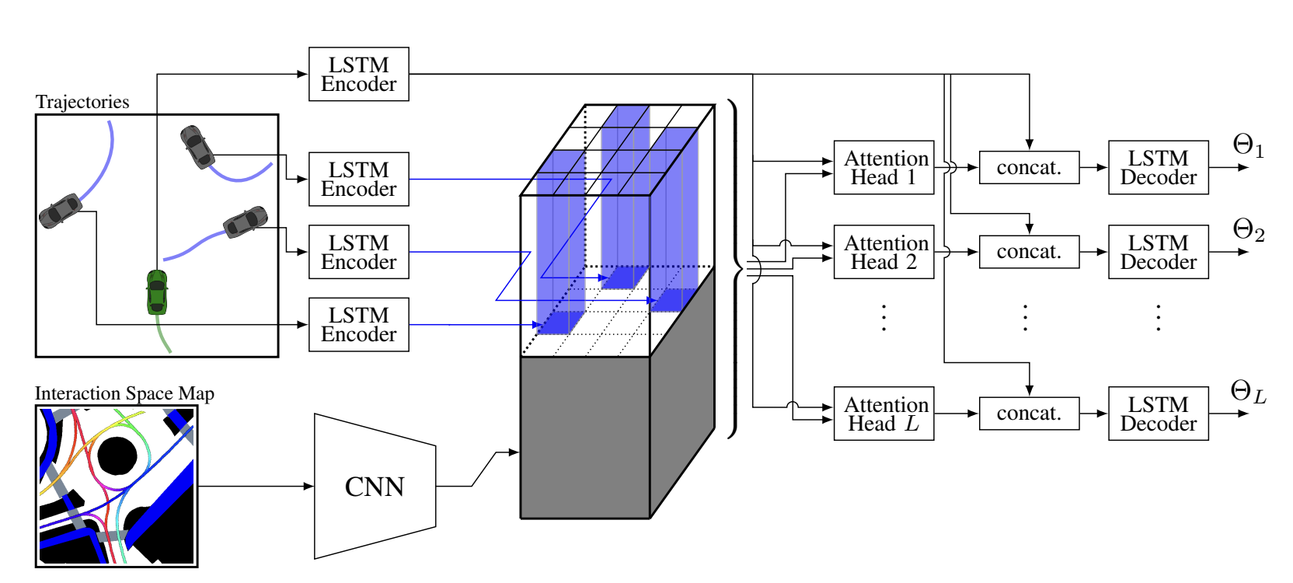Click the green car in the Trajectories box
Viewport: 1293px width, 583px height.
tap(157, 291)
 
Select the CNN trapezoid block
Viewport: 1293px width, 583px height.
tap(375, 487)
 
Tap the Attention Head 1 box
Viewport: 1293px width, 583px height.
tap(883, 168)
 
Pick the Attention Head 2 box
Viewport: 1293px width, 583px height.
tap(883, 252)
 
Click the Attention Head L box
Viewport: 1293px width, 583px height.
tap(883, 414)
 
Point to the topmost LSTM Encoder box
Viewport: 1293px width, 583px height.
tap(358, 75)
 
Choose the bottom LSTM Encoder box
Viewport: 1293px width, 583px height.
tap(358, 325)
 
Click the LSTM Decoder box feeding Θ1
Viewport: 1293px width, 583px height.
tap(1158, 168)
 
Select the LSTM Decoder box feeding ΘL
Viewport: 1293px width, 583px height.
tap(1158, 414)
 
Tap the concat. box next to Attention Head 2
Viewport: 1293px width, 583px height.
tap(1029, 252)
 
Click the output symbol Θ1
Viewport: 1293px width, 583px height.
tap(1248, 145)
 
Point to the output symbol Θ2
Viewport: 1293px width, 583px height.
tap(1248, 230)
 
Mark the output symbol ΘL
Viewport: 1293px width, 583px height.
tap(1248, 392)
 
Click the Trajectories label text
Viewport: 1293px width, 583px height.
tap(82, 103)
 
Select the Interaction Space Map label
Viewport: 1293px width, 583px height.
tap(124, 394)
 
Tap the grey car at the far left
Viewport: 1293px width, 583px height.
tap(61, 211)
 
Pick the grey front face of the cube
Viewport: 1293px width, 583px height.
tap(584, 437)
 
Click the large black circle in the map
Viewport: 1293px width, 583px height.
tap(117, 456)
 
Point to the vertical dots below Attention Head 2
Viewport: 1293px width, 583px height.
tap(883, 318)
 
